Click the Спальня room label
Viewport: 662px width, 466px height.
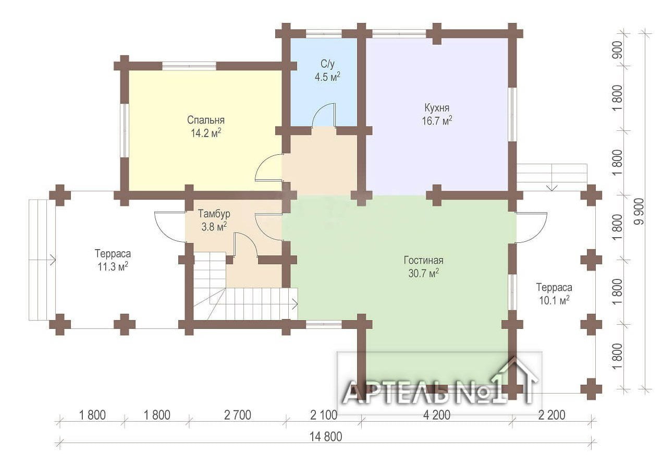coord(206,120)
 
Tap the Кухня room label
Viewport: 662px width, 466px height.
coord(437,107)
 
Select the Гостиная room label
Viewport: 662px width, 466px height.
coord(423,260)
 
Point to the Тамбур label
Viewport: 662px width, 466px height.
coord(214,214)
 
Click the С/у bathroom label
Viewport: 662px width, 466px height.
coord(327,64)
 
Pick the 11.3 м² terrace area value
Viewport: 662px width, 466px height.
coord(113,267)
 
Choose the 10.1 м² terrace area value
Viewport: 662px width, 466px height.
coord(555,301)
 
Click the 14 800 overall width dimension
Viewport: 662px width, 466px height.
coord(326,437)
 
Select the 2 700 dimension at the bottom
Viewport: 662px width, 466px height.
coord(237,415)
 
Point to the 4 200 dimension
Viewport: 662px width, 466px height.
coord(437,415)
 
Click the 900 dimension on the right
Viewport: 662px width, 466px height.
coord(618,50)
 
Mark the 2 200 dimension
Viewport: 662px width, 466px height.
coord(551,415)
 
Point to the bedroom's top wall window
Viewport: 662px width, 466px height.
coord(189,66)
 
